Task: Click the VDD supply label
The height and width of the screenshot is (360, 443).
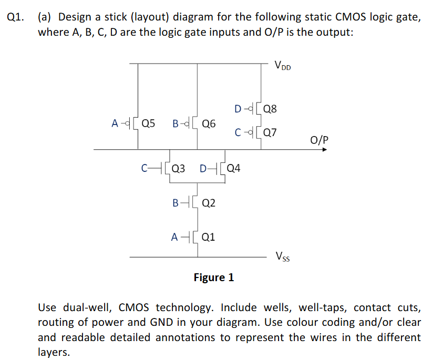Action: click(282, 66)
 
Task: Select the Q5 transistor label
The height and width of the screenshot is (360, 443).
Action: click(148, 124)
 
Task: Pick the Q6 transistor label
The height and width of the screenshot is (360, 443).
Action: click(209, 124)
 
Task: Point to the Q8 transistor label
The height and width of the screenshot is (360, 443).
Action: click(270, 109)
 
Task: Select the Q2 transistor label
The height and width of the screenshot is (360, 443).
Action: click(209, 203)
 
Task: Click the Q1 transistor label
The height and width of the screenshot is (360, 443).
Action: click(208, 237)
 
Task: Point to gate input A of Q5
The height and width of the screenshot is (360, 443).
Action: click(115, 124)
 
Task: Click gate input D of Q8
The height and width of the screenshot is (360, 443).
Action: click(238, 109)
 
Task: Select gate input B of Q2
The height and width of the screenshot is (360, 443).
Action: click(175, 203)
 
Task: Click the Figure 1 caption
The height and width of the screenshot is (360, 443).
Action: click(213, 277)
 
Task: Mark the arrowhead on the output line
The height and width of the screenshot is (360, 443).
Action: click(325, 150)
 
